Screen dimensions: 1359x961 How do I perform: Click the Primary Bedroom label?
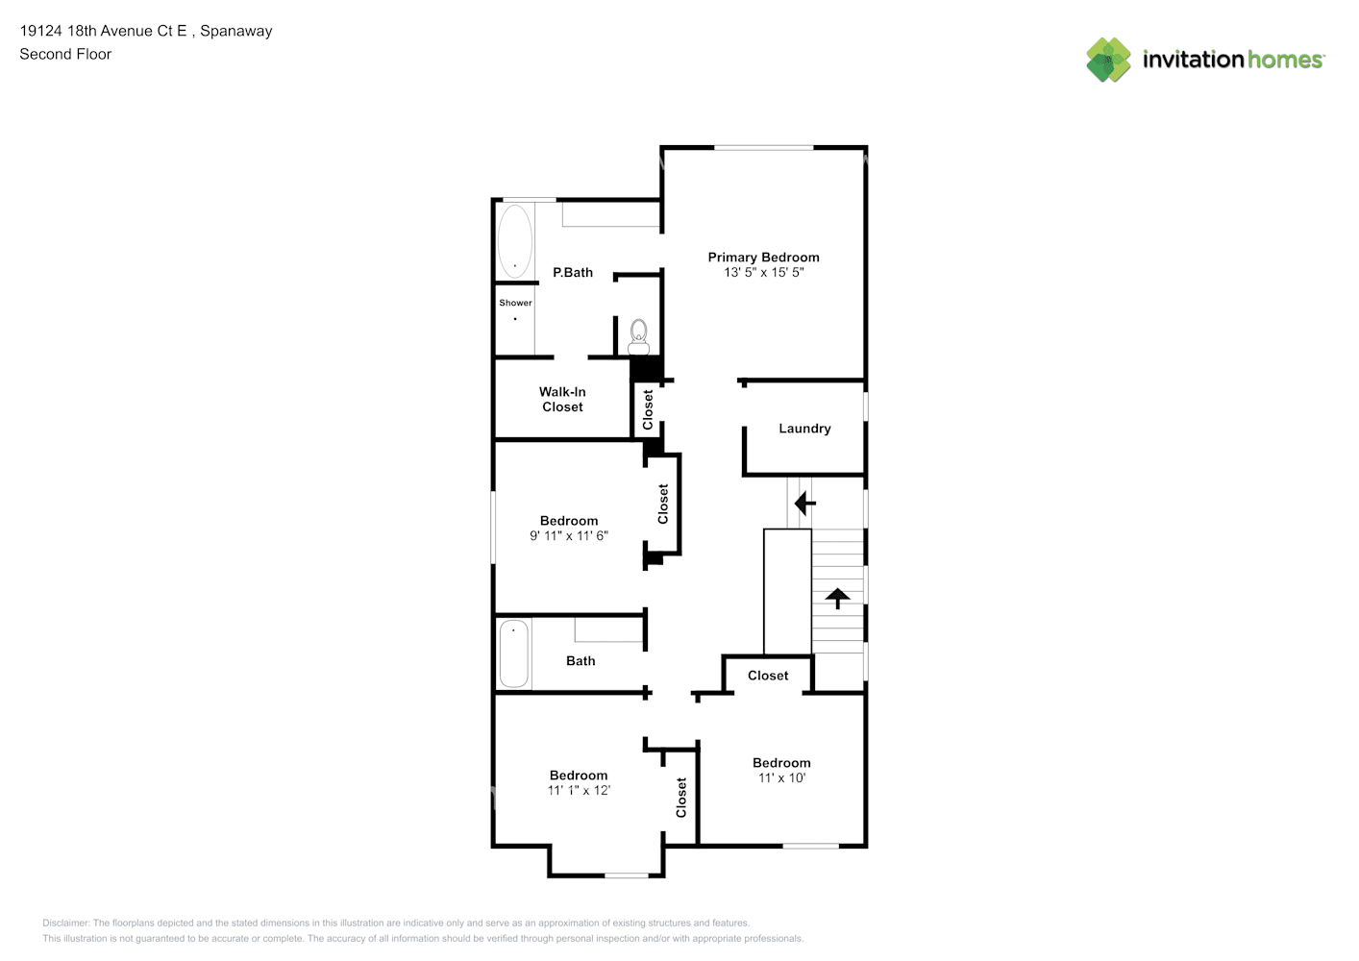[x=763, y=258]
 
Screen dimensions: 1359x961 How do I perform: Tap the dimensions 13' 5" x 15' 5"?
[x=763, y=272]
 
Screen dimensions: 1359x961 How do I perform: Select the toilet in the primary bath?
[x=638, y=337]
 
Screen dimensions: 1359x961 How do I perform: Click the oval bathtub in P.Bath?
[x=515, y=241]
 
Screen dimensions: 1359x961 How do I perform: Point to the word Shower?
[x=515, y=303]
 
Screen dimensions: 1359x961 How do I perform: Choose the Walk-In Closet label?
[x=562, y=399]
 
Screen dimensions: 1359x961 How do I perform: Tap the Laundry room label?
[x=804, y=429]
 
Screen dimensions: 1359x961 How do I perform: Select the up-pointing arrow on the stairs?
[x=837, y=598]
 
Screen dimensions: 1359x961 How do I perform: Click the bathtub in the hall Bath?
[x=514, y=653]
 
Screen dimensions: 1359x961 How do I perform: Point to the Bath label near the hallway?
[x=581, y=661]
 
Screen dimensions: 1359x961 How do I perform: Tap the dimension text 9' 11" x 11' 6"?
[x=568, y=535]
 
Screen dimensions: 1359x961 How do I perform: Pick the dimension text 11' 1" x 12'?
[x=579, y=790]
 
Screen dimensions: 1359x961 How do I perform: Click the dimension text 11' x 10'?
[x=781, y=777]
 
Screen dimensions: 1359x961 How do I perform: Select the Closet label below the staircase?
[x=768, y=676]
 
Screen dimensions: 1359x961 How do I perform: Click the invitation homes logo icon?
[x=1108, y=60]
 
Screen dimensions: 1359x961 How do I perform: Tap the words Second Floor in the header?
[x=65, y=54]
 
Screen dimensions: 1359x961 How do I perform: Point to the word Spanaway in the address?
[x=236, y=31]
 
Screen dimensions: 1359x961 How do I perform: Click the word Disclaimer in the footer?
[x=66, y=923]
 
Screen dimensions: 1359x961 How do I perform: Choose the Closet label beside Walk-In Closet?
[x=648, y=409]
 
